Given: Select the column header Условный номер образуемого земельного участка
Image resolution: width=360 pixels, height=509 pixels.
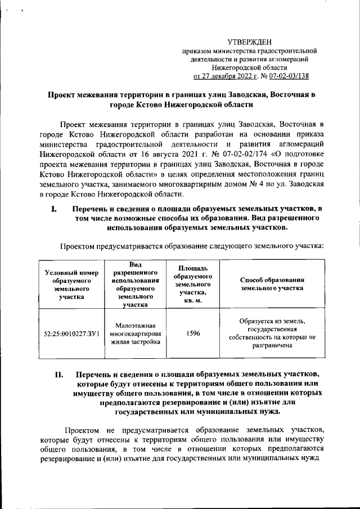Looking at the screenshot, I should [x=67, y=285].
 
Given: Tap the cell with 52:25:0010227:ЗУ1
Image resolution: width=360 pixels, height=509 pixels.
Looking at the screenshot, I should [x=67, y=334].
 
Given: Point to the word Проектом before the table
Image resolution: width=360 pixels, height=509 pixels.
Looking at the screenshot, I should [x=79, y=246].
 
